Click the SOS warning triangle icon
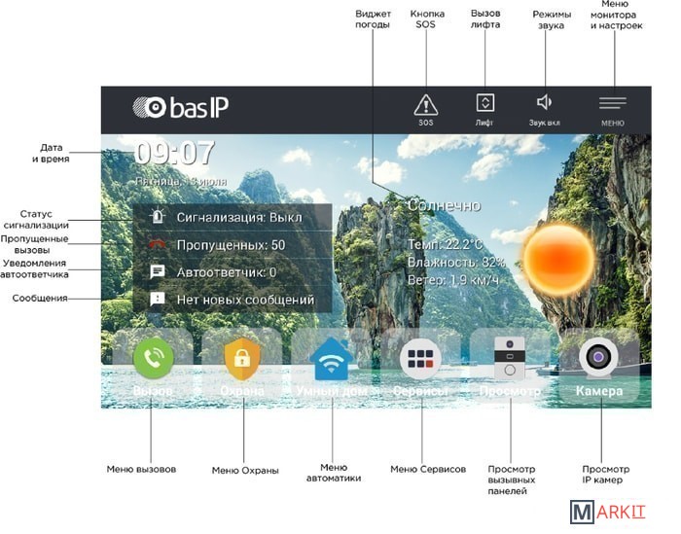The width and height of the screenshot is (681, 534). tap(425, 105)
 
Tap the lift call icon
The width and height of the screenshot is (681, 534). tap(484, 102)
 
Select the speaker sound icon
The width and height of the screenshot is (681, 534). tap(544, 102)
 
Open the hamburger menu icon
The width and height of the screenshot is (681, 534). tap(612, 102)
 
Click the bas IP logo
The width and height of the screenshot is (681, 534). tap(181, 108)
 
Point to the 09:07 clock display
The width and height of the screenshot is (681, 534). tap(173, 154)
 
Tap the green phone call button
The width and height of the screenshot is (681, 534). tap(153, 358)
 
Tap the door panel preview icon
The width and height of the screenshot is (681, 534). tap(510, 359)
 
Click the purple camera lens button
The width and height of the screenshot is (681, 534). tap(598, 358)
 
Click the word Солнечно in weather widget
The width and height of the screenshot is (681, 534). tap(444, 205)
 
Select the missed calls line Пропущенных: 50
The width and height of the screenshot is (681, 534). tap(231, 245)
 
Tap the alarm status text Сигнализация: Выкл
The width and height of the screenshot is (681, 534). tap(238, 218)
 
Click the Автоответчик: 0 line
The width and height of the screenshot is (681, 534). tap(226, 272)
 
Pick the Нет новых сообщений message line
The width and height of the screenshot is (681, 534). tap(244, 300)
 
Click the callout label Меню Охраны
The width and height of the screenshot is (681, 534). tap(245, 470)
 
